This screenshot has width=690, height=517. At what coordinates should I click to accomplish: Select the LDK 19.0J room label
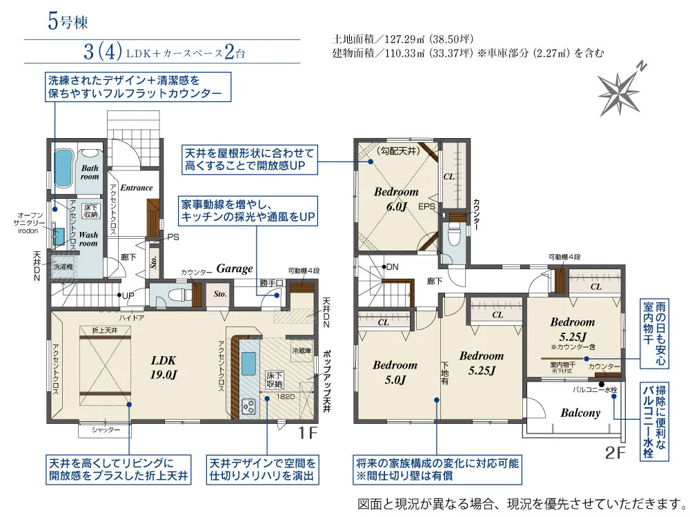coord(164,366)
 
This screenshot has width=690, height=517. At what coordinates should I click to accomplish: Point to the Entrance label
coord(136,188)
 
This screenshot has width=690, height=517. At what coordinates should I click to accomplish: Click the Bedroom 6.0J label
coord(396,198)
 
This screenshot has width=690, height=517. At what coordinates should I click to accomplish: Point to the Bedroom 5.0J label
coord(395,372)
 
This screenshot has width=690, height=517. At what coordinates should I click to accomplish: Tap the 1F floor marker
coord(307,433)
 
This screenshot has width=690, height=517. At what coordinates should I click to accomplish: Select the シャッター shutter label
coord(105,430)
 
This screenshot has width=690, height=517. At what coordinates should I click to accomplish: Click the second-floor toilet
coord(454,237)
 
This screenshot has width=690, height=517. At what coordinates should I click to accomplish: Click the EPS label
coord(426,206)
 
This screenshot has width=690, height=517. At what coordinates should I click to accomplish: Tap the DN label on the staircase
coord(391,266)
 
